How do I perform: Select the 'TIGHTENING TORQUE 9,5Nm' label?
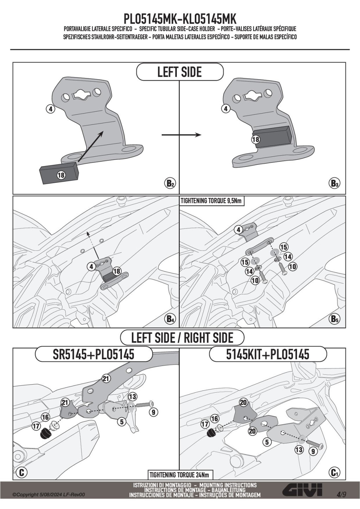211,201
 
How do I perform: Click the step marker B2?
170,183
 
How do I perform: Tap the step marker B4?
170,319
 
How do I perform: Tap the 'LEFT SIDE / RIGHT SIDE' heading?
182,337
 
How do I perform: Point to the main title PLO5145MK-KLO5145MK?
180,19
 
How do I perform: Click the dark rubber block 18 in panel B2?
59,172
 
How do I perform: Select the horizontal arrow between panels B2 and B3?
181,135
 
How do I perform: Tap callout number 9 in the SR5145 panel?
153,412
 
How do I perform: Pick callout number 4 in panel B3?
225,109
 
